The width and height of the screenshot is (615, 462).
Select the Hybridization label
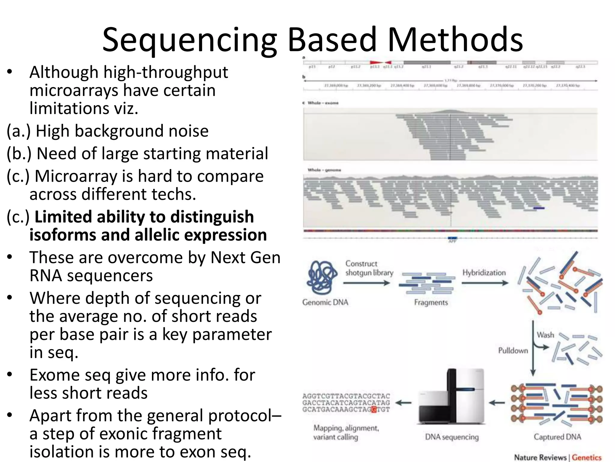pyautogui.click(x=484, y=273)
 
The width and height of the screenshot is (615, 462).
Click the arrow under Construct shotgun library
pyautogui.click(x=366, y=283)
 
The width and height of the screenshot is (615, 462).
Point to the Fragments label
pyautogui.click(x=431, y=302)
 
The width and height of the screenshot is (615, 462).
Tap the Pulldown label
pyautogui.click(x=513, y=350)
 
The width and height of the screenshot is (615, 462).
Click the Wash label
pyautogui.click(x=545, y=335)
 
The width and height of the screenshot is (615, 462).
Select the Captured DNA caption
pyautogui.click(x=557, y=437)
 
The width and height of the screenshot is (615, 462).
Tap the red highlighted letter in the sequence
pyautogui.click(x=374, y=409)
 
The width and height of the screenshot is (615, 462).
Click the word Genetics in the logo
pyautogui.click(x=586, y=457)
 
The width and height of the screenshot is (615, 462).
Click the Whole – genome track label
pyautogui.click(x=324, y=170)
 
